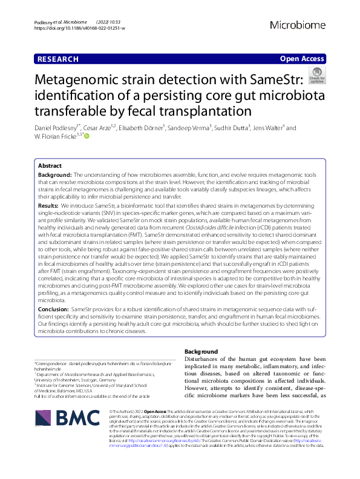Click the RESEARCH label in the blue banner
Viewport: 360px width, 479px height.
coord(58,59)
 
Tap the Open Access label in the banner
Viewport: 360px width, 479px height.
coord(303,59)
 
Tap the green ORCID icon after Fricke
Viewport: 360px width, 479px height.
coord(87,137)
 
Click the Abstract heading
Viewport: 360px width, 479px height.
coord(50,165)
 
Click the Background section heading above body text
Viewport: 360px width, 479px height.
coord(200,352)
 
